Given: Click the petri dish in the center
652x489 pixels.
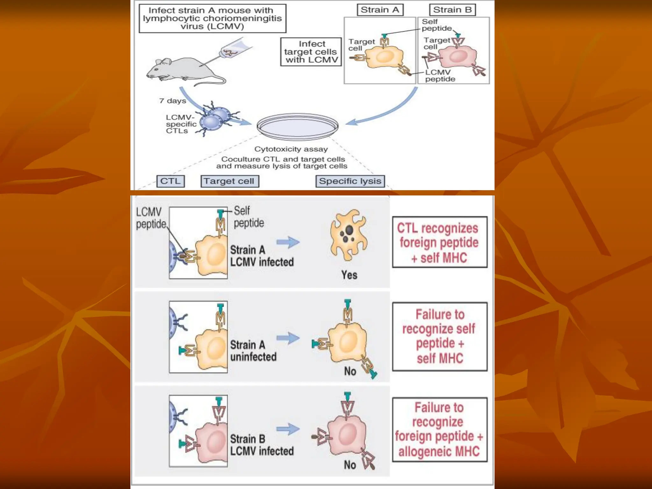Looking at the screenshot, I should pos(298,126).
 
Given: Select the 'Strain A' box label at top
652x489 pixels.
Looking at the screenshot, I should pos(380,10).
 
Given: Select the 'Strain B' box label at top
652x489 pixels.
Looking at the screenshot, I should pos(452,10).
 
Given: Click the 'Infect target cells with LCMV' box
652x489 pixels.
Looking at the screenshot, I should pos(311,52).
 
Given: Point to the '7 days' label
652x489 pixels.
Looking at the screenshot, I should pos(173,101).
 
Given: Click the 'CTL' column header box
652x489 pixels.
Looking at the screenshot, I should pos(170,181).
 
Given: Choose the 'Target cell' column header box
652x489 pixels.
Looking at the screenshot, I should pos(230,181).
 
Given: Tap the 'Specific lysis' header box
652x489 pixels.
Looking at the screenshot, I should pos(350,181).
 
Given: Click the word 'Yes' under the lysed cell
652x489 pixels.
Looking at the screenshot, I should pos(349,275).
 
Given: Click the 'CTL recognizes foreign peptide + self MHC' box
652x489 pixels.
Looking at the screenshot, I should pos(440,242).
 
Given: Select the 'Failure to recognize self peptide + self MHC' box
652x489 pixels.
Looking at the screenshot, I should pos(440,337).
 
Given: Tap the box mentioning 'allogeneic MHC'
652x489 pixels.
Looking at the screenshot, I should pos(440,429).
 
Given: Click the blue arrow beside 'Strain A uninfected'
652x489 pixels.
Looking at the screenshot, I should pos(288,338).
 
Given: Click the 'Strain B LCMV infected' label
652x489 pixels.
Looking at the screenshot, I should pos(262,445).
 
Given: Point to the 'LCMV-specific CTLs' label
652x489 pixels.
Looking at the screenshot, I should pos(181,124).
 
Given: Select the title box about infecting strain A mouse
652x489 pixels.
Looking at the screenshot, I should pos(212,18).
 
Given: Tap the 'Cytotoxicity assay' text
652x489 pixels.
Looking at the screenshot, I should pos(291,149).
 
